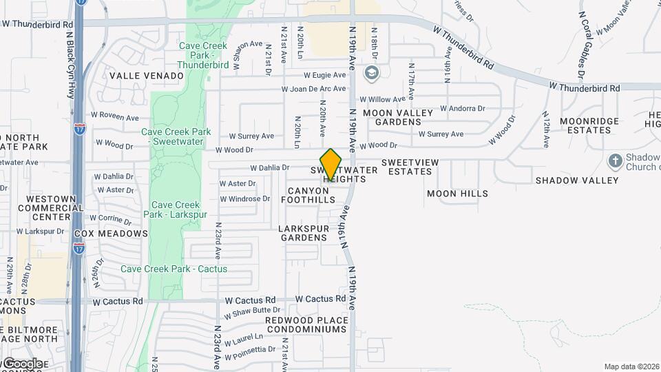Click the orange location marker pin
[x=331, y=165]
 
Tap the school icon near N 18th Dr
[x=372, y=73]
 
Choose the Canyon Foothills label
[x=311, y=195]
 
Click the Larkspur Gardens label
[x=303, y=232]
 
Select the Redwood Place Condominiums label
[x=306, y=324]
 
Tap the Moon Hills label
[x=457, y=194]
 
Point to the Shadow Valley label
[x=577, y=180]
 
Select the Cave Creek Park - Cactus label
[x=174, y=269]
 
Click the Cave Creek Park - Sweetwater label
[x=176, y=137]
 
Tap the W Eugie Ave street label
[x=325, y=75]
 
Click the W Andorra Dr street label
[x=463, y=108]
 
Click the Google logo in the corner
[x=22, y=363]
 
